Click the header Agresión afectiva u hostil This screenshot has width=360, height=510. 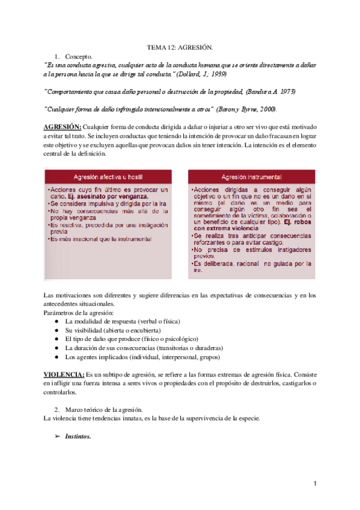108,177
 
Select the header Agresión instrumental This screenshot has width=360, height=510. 251,177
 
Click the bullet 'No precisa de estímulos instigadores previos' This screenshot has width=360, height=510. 252,252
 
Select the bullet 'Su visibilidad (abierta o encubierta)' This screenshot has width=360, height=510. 112,330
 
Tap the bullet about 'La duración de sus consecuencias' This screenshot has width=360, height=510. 136,348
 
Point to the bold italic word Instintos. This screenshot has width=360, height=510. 78,436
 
